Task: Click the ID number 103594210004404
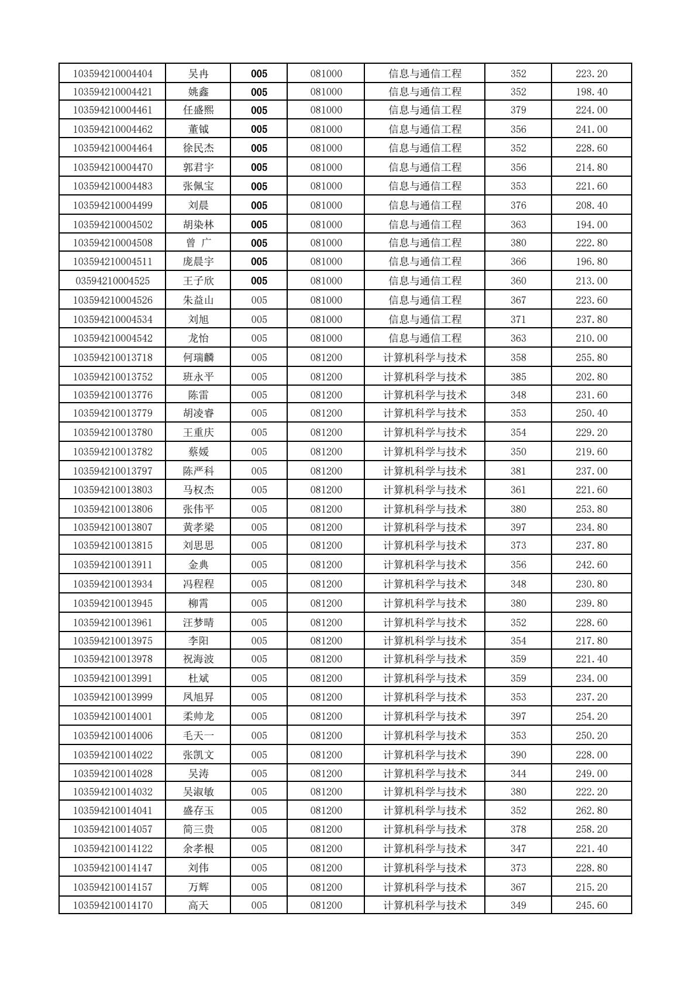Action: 112,74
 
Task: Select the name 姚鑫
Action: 198,92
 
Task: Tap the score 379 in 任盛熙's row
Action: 518,110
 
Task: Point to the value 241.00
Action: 591,129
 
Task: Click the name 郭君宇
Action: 198,167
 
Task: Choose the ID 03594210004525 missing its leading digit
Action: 112,281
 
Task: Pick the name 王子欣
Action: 198,281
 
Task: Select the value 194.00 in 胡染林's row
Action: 591,225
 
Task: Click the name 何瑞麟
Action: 198,358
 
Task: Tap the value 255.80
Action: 591,358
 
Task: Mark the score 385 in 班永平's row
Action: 518,377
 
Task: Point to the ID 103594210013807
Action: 112,527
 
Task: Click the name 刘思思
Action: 198,545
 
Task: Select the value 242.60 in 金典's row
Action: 591,565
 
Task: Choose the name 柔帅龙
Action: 198,716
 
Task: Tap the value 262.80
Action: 591,811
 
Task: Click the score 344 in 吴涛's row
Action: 518,774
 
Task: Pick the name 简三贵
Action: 198,829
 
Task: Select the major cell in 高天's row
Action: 425,905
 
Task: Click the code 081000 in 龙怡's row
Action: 326,338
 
